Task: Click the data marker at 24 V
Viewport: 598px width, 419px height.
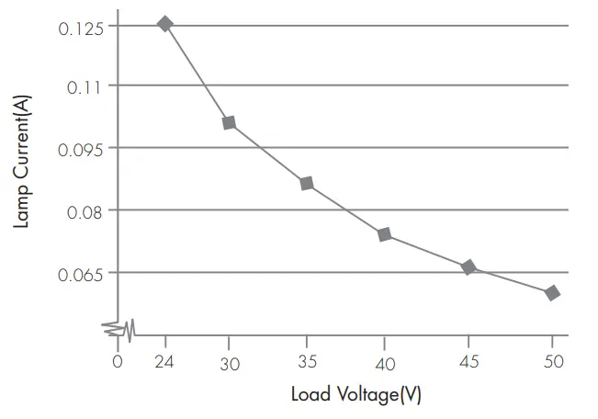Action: pos(165,24)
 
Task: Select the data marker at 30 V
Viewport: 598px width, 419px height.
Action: pos(230,122)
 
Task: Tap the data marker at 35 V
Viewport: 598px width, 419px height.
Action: pos(307,184)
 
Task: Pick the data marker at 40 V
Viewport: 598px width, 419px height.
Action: pos(385,234)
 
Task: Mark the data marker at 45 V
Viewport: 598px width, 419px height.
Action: pos(468,267)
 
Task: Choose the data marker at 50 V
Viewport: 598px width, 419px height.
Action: pos(552,293)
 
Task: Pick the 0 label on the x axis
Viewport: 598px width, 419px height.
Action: pos(118,362)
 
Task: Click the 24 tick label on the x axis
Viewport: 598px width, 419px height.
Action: pos(165,362)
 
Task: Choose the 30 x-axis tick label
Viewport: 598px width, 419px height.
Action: pos(230,364)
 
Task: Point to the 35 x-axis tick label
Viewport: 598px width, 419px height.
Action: pos(307,362)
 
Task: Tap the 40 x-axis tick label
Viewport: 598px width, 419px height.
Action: pos(385,364)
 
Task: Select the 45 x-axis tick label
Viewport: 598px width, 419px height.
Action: pos(468,362)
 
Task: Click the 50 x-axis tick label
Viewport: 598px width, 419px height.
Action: pos(552,362)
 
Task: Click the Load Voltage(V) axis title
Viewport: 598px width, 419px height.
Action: pos(356,395)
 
